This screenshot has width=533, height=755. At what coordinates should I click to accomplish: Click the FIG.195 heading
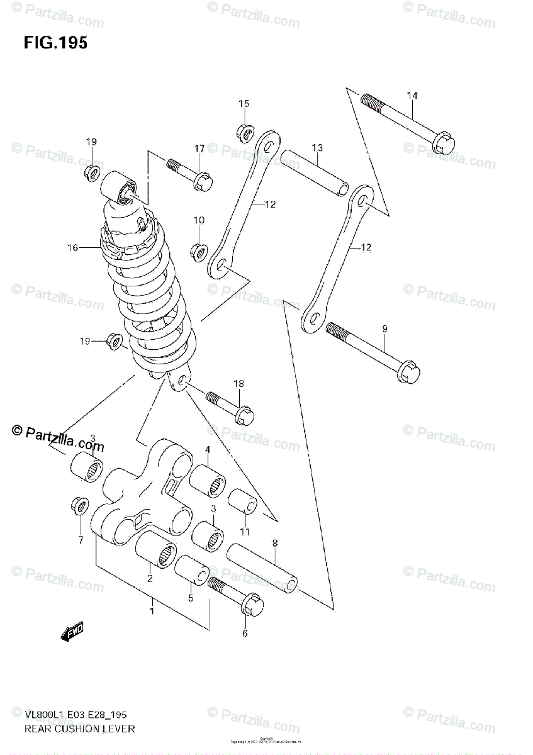point(55,43)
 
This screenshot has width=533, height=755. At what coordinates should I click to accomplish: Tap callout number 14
point(412,96)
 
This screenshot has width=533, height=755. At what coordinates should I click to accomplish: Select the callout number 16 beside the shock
point(74,248)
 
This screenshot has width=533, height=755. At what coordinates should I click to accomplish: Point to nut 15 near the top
point(245,132)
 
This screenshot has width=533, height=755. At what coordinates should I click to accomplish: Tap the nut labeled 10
point(199,252)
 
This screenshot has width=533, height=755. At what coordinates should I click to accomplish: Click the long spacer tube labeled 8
point(262,564)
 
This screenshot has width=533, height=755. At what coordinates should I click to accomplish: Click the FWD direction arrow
point(72,632)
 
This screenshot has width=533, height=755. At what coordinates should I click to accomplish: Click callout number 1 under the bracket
point(152,610)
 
